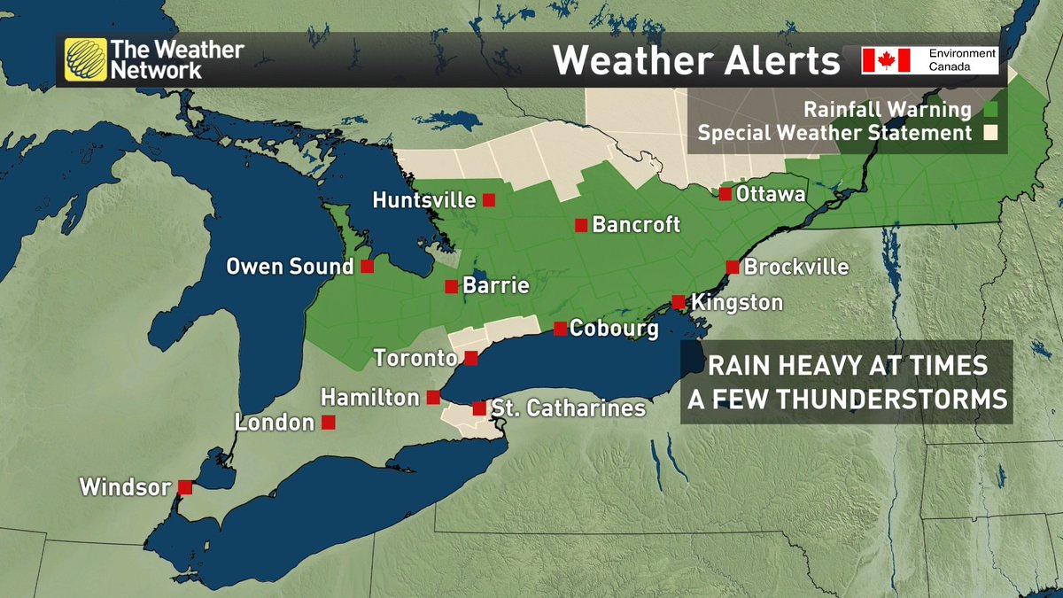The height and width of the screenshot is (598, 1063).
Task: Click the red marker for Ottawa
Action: [725, 193]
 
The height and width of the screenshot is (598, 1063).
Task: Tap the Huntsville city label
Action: [424, 200]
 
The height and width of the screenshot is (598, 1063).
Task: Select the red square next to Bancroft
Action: [580, 225]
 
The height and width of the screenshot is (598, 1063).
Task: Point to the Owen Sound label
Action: [290, 266]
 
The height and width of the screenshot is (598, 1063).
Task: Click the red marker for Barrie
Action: [451, 286]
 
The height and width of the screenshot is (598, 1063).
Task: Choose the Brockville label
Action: [796, 267]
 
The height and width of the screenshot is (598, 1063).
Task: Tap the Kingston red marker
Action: [678, 302]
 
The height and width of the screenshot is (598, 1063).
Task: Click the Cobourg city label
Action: [614, 329]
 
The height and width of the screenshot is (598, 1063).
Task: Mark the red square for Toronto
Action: [471, 358]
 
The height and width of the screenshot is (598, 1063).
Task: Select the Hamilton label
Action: [369, 397]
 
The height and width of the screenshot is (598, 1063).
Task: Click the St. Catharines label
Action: [567, 409]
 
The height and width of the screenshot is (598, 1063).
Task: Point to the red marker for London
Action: [328, 423]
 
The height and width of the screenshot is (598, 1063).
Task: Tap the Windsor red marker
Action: [185, 486]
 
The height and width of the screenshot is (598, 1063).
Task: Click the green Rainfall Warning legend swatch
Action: [991, 110]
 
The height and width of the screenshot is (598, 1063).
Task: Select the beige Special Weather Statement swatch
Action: [991, 134]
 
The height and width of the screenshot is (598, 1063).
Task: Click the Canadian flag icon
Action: [886, 60]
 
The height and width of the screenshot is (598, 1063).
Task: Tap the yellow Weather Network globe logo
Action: [84, 59]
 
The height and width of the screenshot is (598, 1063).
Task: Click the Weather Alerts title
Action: [696, 61]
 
